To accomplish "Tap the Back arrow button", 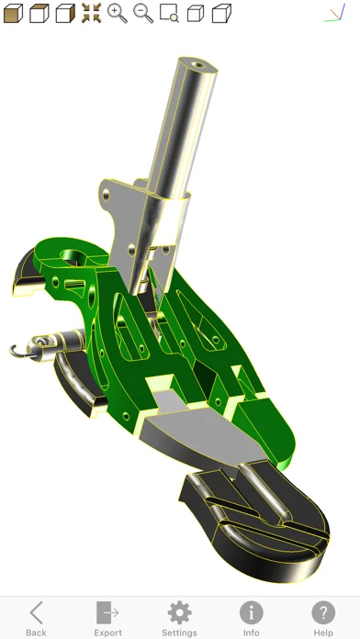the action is click(x=36, y=618).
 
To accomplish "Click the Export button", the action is click(x=107, y=618).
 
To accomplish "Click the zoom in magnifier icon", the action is click(x=118, y=14).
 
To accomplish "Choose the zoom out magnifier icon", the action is click(x=143, y=14).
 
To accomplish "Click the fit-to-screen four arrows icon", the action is click(x=91, y=13).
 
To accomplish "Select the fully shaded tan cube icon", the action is click(x=13, y=14).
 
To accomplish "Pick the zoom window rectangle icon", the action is click(x=169, y=13).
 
